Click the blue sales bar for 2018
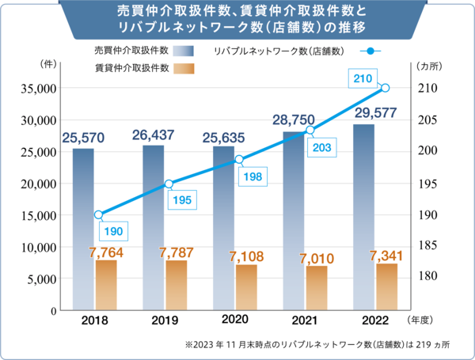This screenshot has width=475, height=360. (x=83, y=229)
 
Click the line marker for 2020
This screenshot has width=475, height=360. (x=239, y=160)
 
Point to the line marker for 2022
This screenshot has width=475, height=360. (x=386, y=88)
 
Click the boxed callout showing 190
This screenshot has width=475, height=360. (x=112, y=231)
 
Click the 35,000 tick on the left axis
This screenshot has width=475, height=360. (x=34, y=89)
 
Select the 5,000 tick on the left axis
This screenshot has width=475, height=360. (x=39, y=279)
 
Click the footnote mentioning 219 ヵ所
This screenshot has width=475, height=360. (x=317, y=346)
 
